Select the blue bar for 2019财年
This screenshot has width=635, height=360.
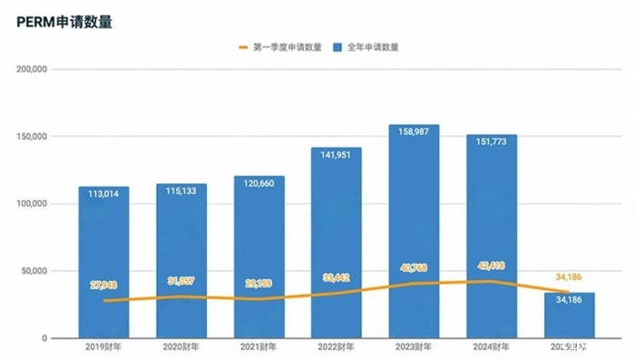[103, 263]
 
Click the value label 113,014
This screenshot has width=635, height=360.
[103, 193]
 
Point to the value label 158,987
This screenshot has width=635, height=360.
[414, 131]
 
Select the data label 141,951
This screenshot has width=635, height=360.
[336, 154]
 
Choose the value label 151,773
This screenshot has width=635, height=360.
[491, 141]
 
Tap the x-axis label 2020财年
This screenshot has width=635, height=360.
[181, 346]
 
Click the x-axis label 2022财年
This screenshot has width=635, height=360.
[336, 346]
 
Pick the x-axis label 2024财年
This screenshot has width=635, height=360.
[491, 346]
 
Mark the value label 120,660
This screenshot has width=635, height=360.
[259, 182]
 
